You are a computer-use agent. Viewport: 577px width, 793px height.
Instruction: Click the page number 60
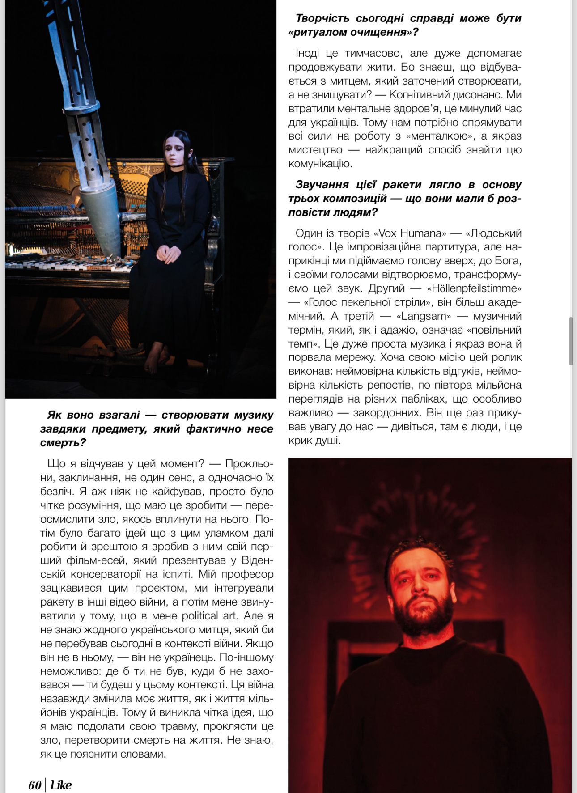[x=34, y=785]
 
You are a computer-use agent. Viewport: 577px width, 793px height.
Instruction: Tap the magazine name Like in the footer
[x=61, y=785]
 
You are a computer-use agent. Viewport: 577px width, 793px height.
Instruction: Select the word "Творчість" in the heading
[x=323, y=18]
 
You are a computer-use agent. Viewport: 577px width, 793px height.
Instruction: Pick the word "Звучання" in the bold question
[x=322, y=184]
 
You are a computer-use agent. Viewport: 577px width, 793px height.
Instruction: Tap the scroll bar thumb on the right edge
[x=571, y=341]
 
